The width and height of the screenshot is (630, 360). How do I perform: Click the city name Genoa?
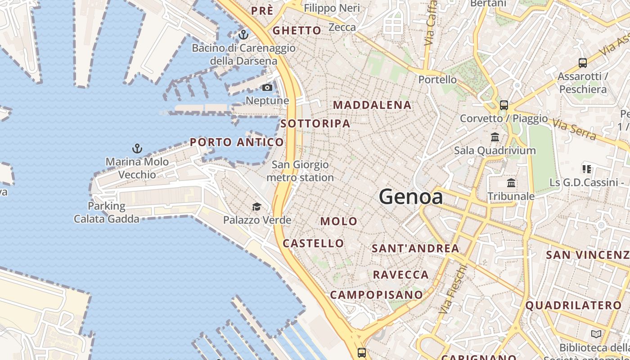click(x=410, y=197)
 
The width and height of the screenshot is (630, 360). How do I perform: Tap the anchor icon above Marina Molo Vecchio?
click(x=137, y=148)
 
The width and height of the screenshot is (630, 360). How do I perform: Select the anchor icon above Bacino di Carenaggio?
click(x=243, y=34)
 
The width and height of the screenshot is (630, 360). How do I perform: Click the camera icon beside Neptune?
click(x=267, y=87)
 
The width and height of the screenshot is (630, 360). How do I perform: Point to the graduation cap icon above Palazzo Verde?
click(x=256, y=207)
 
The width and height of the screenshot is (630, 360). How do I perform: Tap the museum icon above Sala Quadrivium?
click(x=495, y=137)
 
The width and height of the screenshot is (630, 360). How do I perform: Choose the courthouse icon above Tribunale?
click(x=511, y=183)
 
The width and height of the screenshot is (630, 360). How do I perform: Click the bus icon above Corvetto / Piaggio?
click(x=504, y=105)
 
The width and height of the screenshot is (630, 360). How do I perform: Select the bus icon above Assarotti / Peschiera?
click(x=583, y=63)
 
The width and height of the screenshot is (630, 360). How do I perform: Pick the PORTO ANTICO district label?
click(x=237, y=143)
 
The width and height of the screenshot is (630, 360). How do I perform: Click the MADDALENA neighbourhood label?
click(x=372, y=105)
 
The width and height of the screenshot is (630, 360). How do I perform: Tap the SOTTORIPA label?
click(x=315, y=124)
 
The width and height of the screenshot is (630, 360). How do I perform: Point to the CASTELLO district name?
click(x=313, y=243)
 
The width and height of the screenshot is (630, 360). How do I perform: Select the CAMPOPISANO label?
click(x=376, y=295)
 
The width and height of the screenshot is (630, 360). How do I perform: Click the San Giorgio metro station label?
click(x=300, y=171)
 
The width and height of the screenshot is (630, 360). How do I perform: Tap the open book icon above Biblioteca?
click(x=596, y=334)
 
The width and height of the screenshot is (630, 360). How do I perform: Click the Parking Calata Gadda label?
click(x=107, y=212)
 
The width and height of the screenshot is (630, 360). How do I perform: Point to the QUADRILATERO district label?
click(x=573, y=306)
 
